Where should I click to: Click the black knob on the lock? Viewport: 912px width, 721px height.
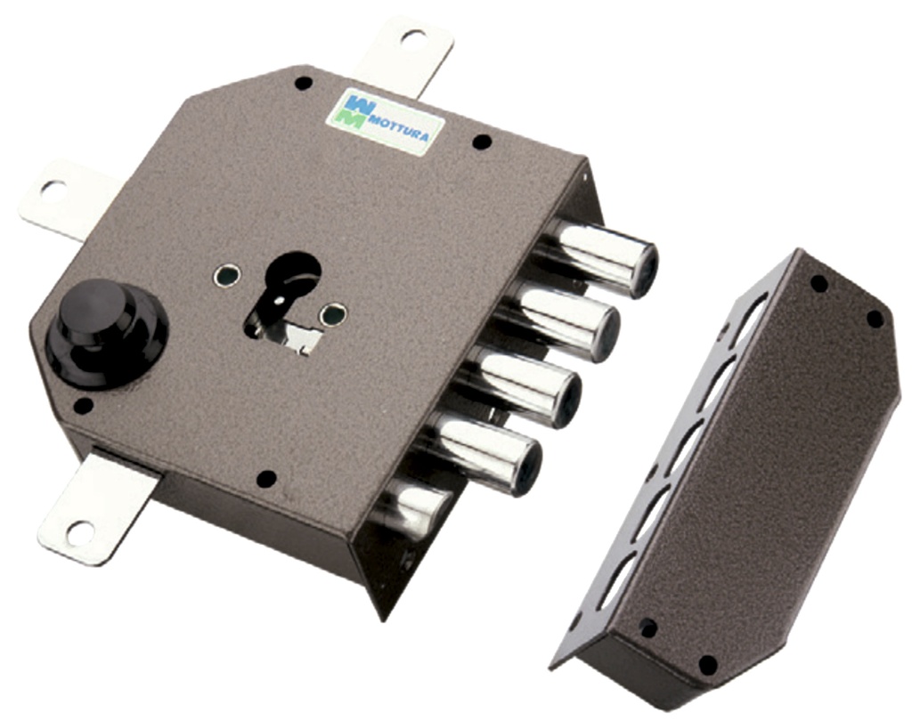(107, 333)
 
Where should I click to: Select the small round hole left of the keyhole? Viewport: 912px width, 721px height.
(226, 275)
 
